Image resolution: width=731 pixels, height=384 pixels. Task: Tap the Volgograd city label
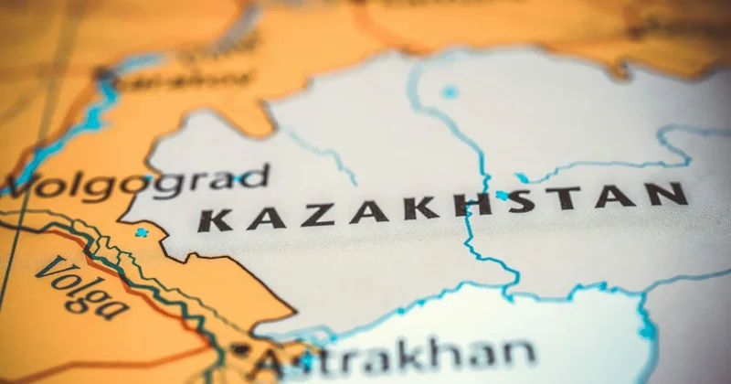pyautogui.click(x=137, y=180)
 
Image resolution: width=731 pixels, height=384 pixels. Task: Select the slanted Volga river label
pyautogui.click(x=82, y=287)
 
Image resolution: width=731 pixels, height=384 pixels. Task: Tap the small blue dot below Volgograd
pyautogui.click(x=141, y=232)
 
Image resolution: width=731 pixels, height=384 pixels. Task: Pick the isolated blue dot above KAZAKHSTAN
pyautogui.click(x=450, y=91)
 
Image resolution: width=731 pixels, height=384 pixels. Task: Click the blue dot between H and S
pyautogui.click(x=501, y=195)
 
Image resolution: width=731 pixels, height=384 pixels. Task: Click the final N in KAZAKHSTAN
pyautogui.click(x=674, y=193)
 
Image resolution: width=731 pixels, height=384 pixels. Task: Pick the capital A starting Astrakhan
pyautogui.click(x=271, y=358)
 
